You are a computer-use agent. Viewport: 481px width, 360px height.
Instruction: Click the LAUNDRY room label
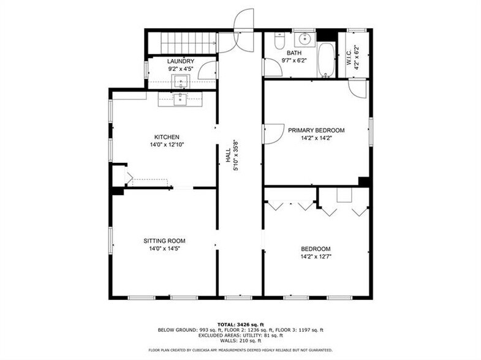point(181,61)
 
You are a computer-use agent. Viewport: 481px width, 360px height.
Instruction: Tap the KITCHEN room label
point(166,137)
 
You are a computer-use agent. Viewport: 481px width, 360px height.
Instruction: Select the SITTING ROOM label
point(164,241)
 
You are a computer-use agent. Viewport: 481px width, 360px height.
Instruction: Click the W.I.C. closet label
point(349,56)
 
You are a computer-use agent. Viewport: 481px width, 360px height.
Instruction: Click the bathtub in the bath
point(326,59)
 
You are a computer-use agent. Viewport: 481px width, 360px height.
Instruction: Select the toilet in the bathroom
point(279,42)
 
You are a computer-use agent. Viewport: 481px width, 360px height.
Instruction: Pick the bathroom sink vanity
point(304,40)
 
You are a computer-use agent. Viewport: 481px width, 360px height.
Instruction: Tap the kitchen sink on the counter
point(180,99)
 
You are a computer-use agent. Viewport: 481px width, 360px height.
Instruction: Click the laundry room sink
point(181,82)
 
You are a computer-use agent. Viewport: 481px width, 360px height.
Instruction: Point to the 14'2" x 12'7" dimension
point(316,257)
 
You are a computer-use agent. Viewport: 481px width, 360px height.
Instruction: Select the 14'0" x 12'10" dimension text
point(166,145)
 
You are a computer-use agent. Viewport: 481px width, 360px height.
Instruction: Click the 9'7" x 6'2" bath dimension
point(294,61)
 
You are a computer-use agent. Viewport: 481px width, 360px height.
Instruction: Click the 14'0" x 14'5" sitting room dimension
point(164,249)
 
